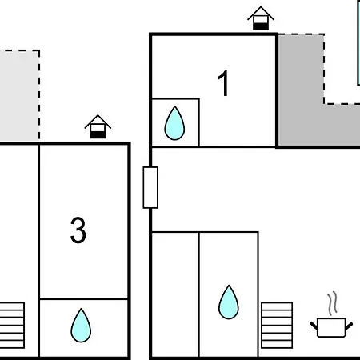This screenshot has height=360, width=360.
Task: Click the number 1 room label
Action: (223, 83)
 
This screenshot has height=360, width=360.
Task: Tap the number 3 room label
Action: (78, 230)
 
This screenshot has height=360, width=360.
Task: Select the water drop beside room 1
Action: (174, 123)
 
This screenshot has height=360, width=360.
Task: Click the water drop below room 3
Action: (81, 326)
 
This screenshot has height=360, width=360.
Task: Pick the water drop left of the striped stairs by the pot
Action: (229, 302)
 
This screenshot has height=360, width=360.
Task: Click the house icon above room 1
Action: (261, 18)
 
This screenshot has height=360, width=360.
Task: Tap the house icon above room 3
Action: (98, 126)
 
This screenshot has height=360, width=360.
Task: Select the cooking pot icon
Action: (331, 327)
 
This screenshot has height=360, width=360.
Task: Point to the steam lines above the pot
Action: (332, 303)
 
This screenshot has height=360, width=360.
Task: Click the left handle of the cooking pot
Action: (314, 326)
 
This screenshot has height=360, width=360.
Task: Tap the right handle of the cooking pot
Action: (349, 326)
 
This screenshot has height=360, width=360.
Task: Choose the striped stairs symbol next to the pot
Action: (277, 326)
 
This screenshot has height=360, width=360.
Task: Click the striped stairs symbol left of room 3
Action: (12, 326)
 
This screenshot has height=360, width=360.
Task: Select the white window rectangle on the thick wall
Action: (150, 187)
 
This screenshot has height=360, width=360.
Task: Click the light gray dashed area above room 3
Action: (19, 95)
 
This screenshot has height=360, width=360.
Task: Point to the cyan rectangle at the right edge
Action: (358, 42)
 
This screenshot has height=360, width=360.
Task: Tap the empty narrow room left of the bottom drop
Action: (175, 294)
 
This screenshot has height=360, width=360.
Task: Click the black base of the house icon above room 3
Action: (98, 135)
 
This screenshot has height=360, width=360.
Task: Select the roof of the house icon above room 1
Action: (261, 12)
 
